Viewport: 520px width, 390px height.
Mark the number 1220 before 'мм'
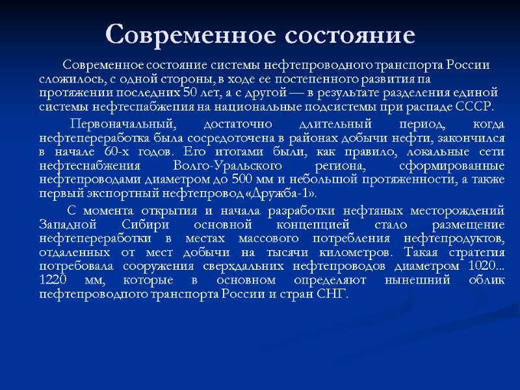(52, 281)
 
